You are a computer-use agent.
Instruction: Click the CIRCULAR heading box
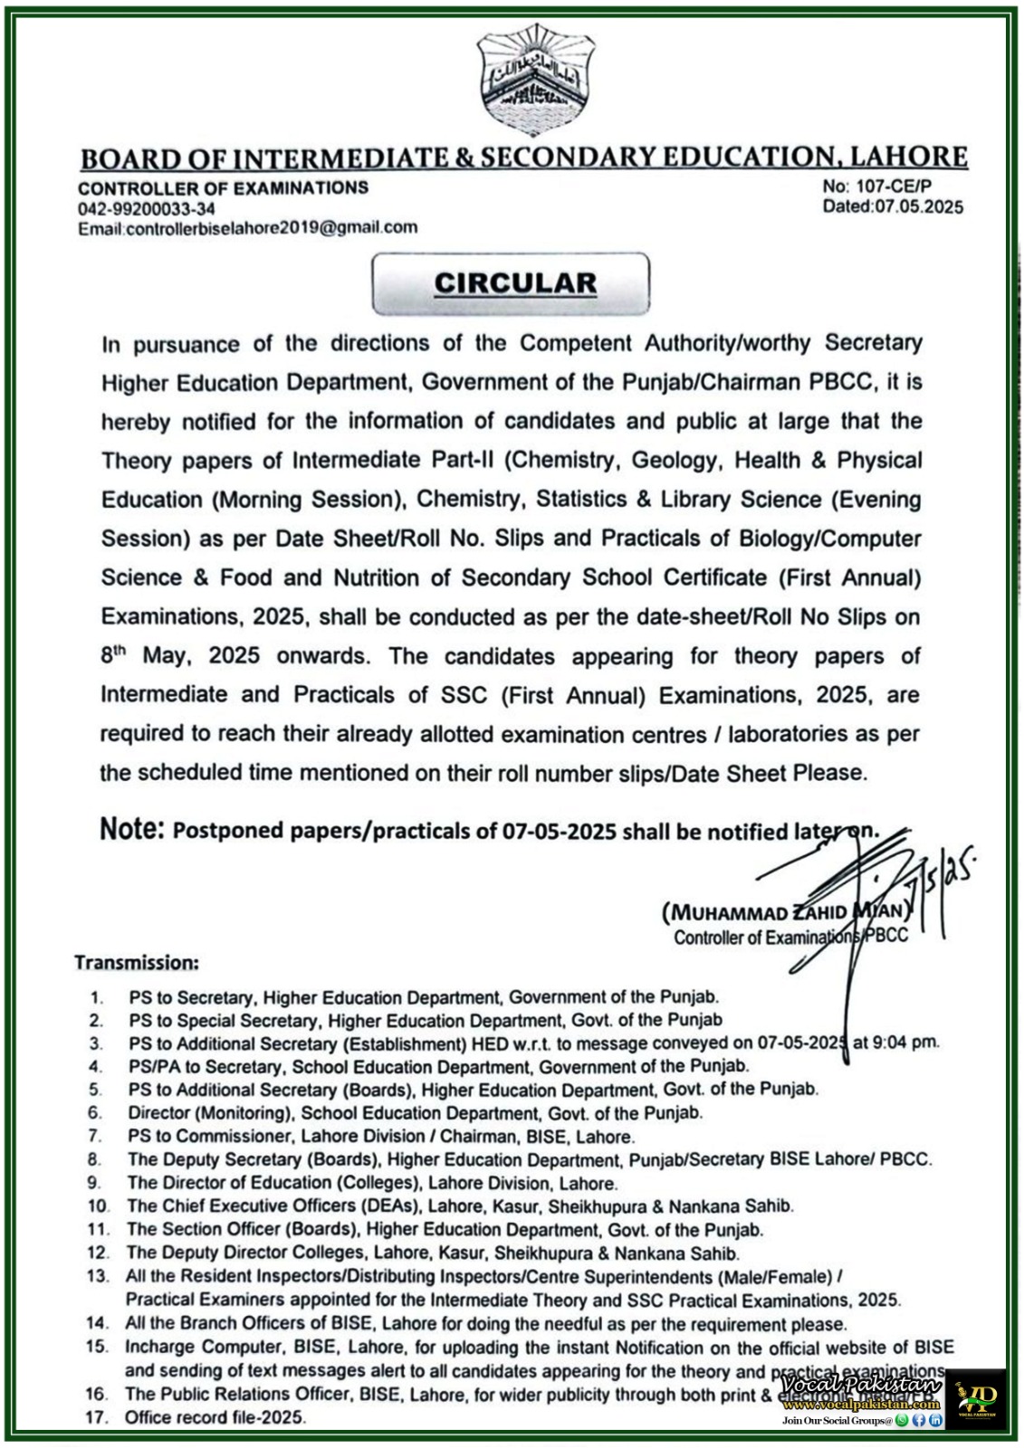(512, 283)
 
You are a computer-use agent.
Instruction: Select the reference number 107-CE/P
(891, 186)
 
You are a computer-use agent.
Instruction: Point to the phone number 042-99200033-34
(147, 208)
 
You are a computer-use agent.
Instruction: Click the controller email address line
(247, 228)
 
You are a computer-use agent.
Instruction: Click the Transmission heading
(137, 962)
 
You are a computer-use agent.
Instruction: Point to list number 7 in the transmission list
(95, 1136)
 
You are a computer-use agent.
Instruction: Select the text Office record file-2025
(215, 1417)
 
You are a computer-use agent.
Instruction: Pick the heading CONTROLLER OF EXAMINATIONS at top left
(223, 188)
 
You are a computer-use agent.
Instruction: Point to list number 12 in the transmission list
(98, 1253)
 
